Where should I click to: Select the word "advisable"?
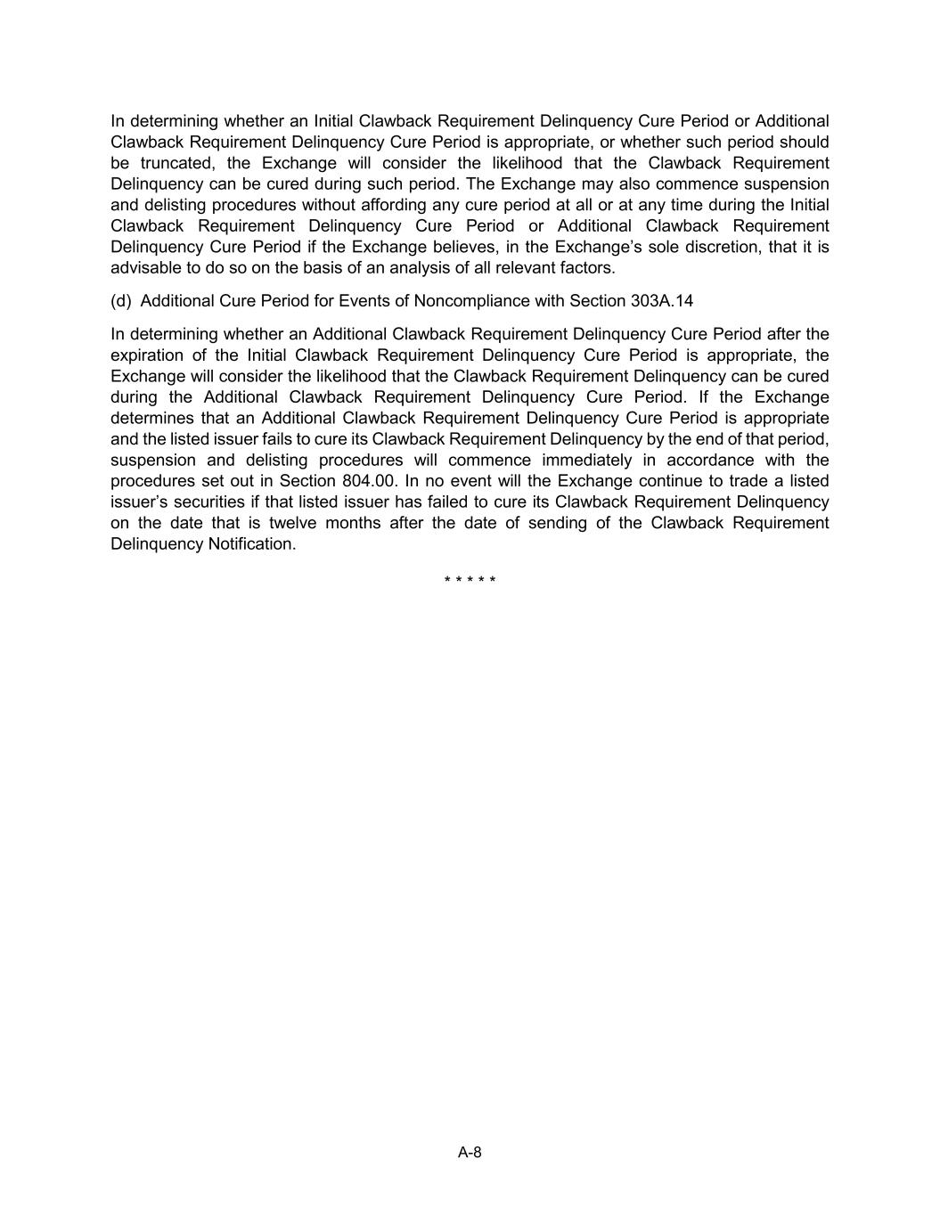pyautogui.click(x=145, y=267)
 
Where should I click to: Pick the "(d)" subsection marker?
pyautogui.click(x=121, y=301)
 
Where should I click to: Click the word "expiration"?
pyautogui.click(x=145, y=355)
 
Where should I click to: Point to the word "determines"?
pyautogui.click(x=152, y=418)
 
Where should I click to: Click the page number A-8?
pyautogui.click(x=470, y=1152)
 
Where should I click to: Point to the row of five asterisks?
pyautogui.click(x=470, y=581)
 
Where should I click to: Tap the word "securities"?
pyautogui.click(x=200, y=502)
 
